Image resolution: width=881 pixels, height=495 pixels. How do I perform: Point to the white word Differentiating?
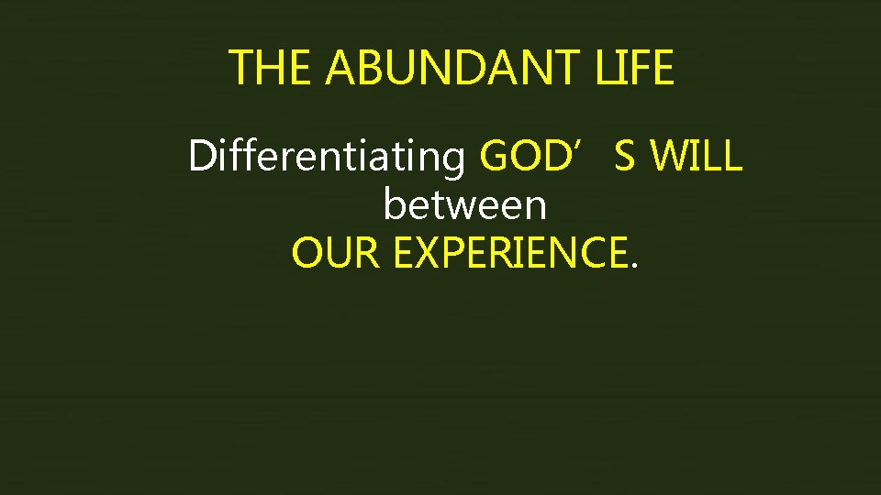pyautogui.click(x=327, y=158)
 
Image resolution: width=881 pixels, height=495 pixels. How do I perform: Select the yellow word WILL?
pyautogui.click(x=696, y=157)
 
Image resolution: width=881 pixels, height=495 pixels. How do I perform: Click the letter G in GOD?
pyautogui.click(x=496, y=157)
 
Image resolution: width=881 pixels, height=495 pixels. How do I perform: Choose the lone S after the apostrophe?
pyautogui.click(x=624, y=157)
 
